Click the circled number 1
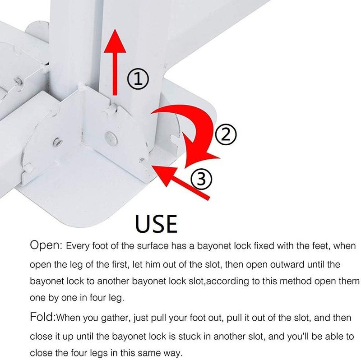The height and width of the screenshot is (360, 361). click(x=138, y=79)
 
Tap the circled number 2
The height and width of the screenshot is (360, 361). click(x=226, y=134)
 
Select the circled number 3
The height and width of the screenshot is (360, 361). click(x=201, y=179)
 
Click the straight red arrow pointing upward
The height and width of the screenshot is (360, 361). click(x=115, y=62)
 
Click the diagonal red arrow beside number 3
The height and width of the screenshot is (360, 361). click(x=180, y=182)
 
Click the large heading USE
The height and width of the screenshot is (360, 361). click(x=156, y=223)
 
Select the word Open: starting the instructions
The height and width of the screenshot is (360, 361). click(x=46, y=245)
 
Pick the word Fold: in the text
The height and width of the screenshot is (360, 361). click(x=43, y=317)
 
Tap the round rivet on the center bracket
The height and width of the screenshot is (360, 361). click(x=111, y=138)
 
